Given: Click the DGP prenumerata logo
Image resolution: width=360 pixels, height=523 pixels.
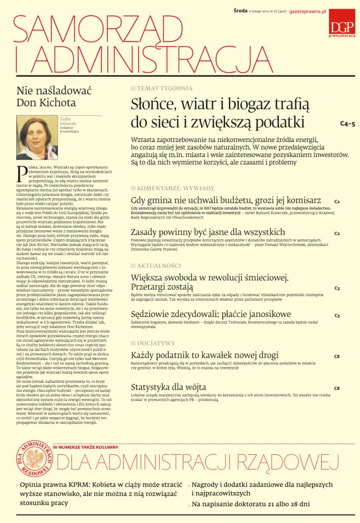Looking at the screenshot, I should point(342,28).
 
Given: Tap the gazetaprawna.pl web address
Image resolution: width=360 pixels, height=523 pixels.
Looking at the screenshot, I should point(308,12).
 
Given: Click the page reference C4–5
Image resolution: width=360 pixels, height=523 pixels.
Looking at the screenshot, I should point(347,123).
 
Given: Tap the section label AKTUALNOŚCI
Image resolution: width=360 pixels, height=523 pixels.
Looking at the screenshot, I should point(159,265).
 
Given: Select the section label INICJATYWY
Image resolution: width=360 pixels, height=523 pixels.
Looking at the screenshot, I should point(156,343).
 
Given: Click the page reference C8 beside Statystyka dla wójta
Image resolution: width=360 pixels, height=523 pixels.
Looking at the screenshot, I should point(336,388).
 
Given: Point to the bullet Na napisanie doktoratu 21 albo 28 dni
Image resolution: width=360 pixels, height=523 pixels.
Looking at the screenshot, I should point(251,504).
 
